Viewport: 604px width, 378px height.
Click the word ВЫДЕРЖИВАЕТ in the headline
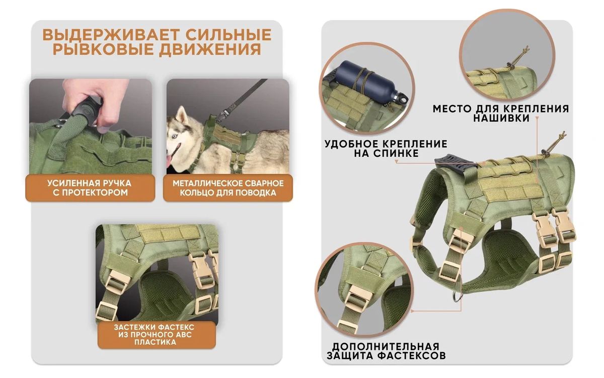click(111, 35)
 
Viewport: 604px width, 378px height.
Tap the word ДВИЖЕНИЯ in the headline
click(210, 49)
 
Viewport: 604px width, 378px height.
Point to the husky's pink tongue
click(169, 161)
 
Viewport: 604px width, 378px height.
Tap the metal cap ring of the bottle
click(402, 98)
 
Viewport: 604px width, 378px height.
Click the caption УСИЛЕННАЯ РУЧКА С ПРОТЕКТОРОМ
click(90, 188)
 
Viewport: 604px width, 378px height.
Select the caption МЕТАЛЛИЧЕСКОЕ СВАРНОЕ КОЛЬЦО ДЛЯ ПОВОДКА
click(228, 188)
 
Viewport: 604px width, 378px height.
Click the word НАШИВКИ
click(501, 118)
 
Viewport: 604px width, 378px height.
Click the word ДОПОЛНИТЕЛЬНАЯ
click(386, 347)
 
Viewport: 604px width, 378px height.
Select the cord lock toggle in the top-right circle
click(509, 65)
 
